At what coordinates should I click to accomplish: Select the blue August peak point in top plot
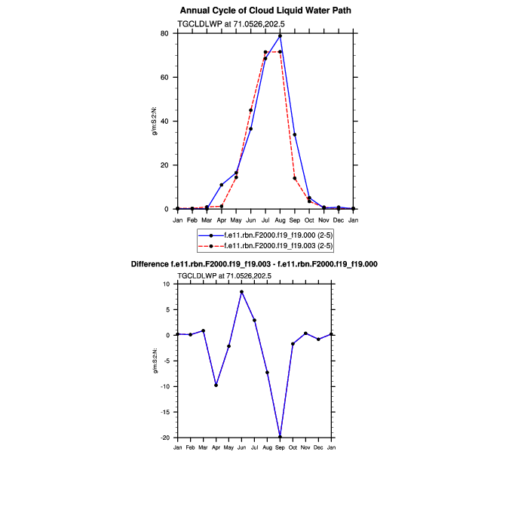pyautogui.click(x=280, y=35)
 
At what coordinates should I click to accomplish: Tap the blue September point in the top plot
pyautogui.click(x=294, y=134)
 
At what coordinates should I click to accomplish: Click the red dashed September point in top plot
pyautogui.click(x=294, y=178)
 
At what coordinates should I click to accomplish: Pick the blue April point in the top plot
pyautogui.click(x=222, y=185)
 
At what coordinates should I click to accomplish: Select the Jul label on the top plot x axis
pyautogui.click(x=265, y=220)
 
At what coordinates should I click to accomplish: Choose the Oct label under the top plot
pyautogui.click(x=309, y=220)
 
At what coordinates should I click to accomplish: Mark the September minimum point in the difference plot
pyautogui.click(x=280, y=437)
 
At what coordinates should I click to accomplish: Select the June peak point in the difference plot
pyautogui.click(x=241, y=292)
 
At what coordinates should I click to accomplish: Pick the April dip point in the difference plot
pyautogui.click(x=216, y=386)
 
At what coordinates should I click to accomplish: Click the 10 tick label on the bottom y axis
pyautogui.click(x=167, y=284)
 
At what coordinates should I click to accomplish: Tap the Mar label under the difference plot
pyautogui.click(x=203, y=448)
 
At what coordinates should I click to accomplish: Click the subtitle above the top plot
pyautogui.click(x=224, y=24)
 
